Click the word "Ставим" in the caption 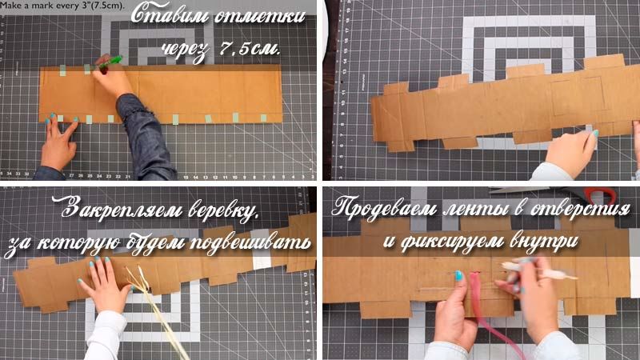[x=169, y=15]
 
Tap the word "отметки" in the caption [x=259, y=17]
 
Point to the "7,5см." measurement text [x=250, y=49]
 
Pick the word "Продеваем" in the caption [x=382, y=209]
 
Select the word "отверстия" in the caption [x=578, y=209]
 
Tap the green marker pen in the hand [x=110, y=62]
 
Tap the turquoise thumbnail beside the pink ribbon [x=458, y=275]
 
